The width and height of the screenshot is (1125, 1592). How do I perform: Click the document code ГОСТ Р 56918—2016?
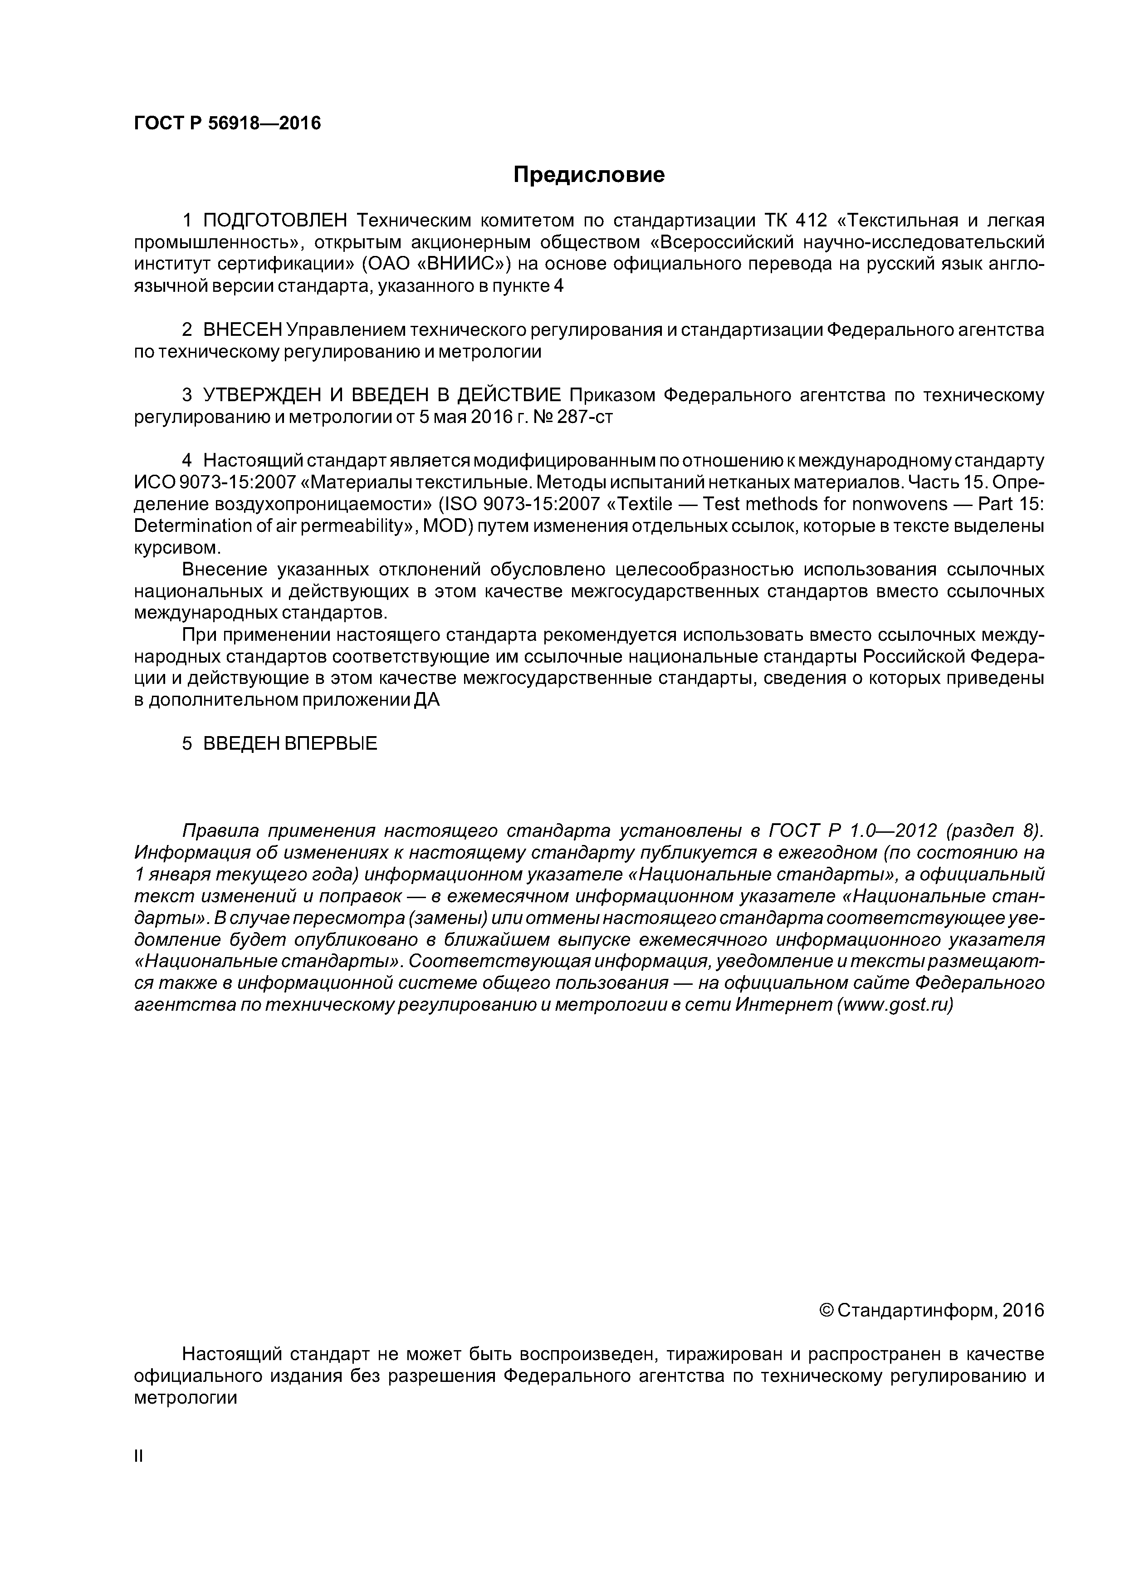click(x=227, y=124)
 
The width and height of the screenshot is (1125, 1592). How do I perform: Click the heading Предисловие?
click(x=588, y=175)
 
